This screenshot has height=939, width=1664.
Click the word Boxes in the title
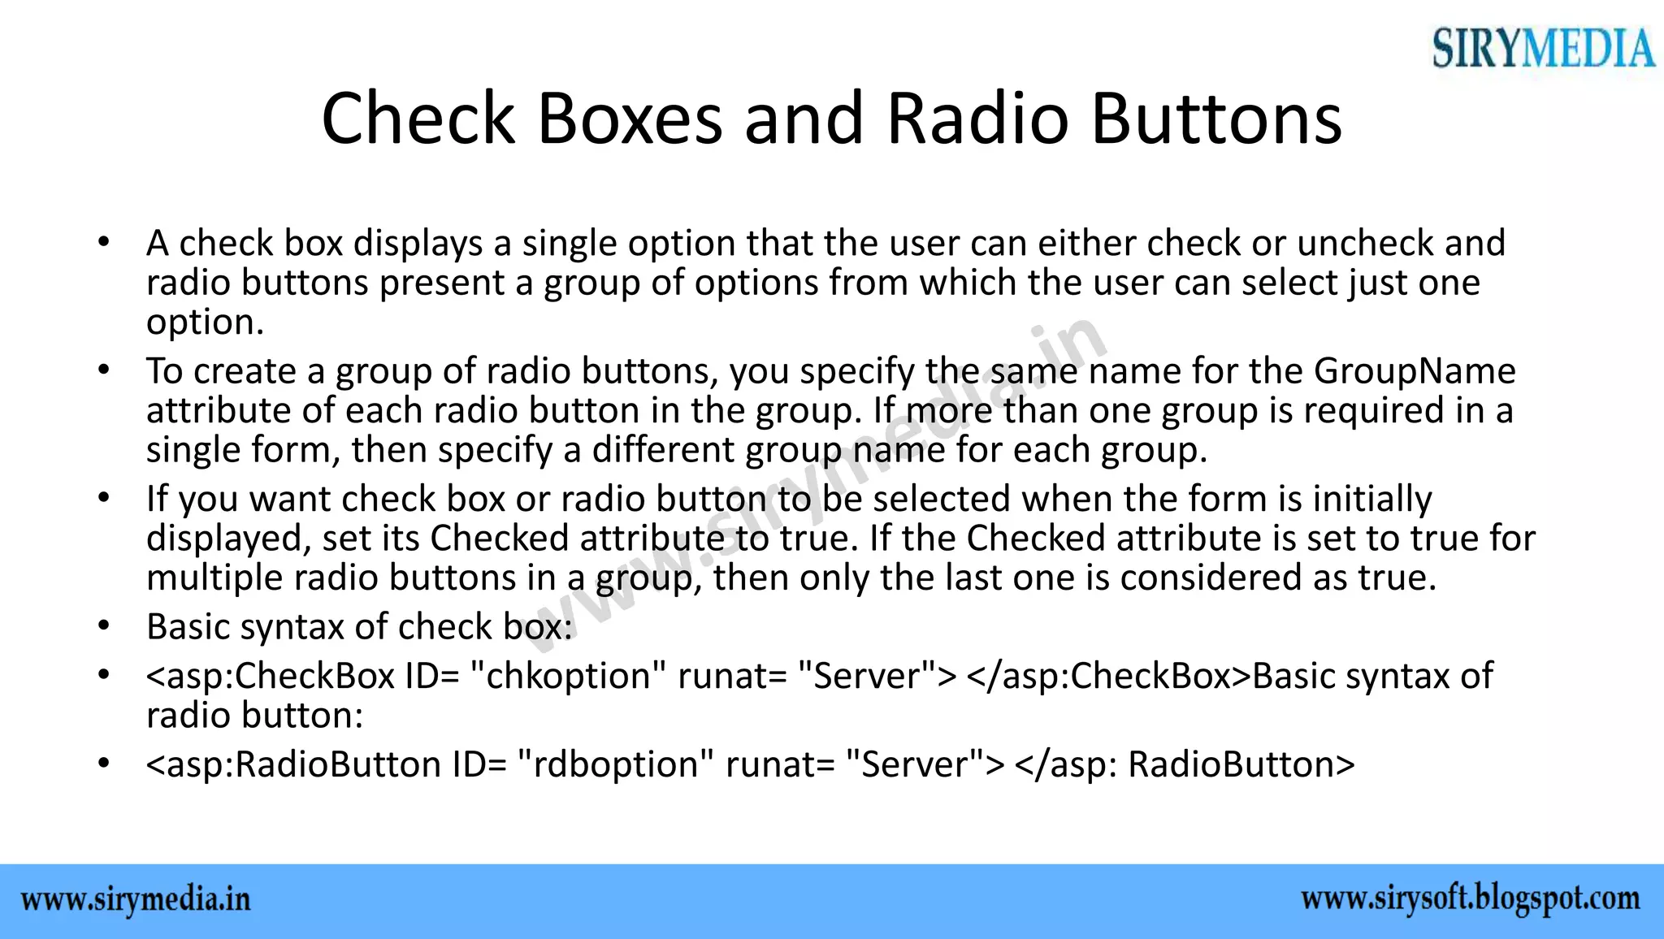pyautogui.click(x=629, y=119)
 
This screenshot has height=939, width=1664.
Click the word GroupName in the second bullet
pyautogui.click(x=1415, y=371)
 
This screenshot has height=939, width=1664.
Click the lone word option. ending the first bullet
pyautogui.click(x=205, y=322)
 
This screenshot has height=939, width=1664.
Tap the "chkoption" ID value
pyautogui.click(x=569, y=676)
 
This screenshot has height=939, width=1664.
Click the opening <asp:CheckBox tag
pyautogui.click(x=270, y=676)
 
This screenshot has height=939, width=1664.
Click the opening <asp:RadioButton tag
pyautogui.click(x=293, y=764)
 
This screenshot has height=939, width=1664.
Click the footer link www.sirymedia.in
pyautogui.click(x=136, y=900)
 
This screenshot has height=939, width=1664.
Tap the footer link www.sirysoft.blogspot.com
pyautogui.click(x=1470, y=898)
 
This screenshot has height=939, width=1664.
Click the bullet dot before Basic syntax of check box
pyautogui.click(x=102, y=626)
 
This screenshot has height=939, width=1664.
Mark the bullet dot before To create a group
pyautogui.click(x=102, y=370)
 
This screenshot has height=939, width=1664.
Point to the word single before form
pyautogui.click(x=193, y=450)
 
